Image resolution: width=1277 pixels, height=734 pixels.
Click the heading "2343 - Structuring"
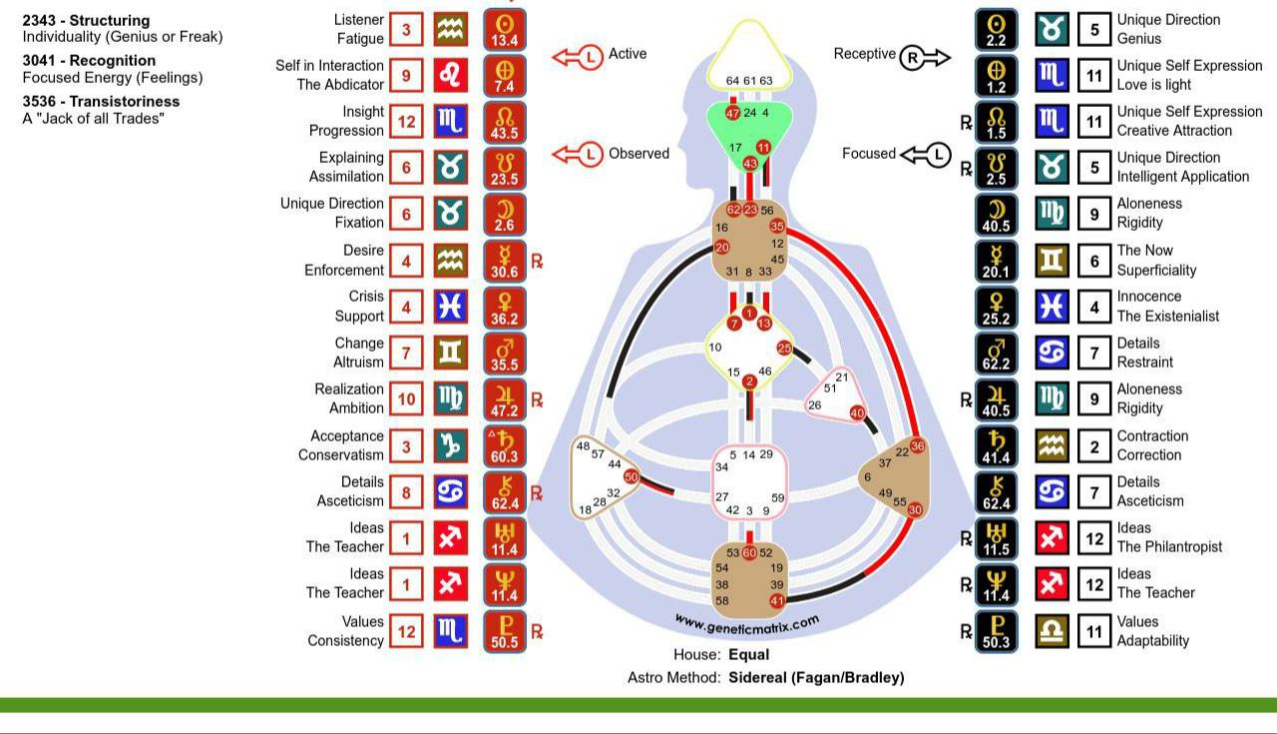(86, 20)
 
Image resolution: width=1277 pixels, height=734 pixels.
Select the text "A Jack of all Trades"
(93, 119)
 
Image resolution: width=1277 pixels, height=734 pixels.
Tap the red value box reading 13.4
(505, 30)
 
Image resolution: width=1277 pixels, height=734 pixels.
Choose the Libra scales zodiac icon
(1052, 631)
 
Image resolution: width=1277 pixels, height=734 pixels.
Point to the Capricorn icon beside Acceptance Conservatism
(450, 446)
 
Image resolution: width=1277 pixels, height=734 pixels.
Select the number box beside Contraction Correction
(1094, 446)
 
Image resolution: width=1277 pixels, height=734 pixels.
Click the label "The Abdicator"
(340, 85)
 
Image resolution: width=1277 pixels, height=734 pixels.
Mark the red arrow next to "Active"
(579, 57)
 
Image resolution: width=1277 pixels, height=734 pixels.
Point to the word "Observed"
(638, 154)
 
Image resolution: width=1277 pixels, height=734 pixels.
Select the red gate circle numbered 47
(733, 113)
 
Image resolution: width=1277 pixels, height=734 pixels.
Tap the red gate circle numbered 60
(749, 552)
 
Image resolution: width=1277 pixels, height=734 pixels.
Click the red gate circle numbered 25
(783, 349)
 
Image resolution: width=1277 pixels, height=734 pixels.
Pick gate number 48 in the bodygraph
(584, 446)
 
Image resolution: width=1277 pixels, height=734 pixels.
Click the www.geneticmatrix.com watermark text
(747, 624)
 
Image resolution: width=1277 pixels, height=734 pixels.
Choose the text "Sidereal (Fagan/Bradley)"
(816, 677)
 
